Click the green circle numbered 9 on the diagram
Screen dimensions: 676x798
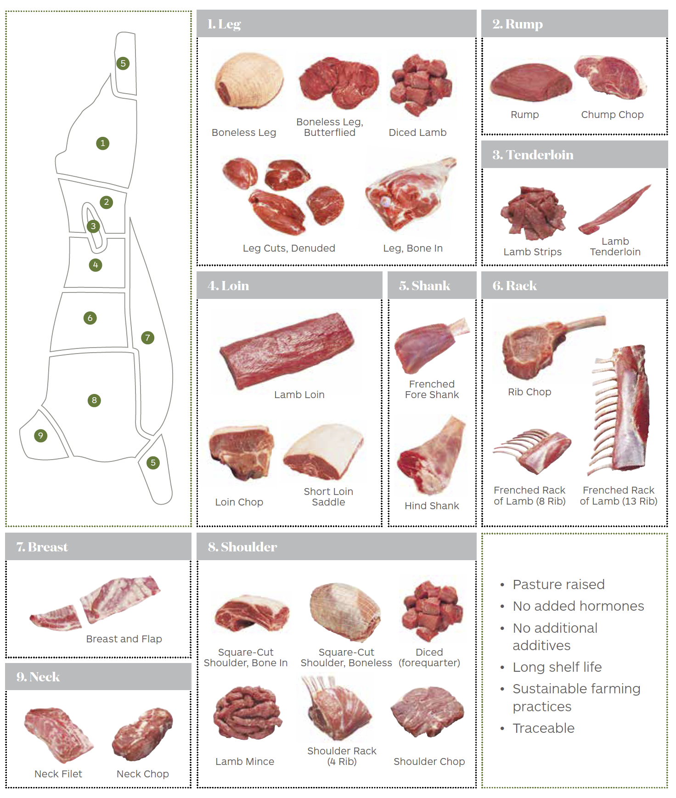(41, 435)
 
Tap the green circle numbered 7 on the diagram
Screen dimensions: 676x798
(147, 338)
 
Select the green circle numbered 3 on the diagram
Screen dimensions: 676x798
(93, 226)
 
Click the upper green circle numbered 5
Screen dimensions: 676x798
(123, 63)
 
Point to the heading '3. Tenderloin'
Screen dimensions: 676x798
(533, 155)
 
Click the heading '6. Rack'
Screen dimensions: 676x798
(514, 286)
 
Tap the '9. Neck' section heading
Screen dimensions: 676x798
(38, 677)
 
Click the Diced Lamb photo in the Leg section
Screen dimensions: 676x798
(420, 85)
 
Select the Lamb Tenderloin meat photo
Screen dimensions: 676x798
(615, 209)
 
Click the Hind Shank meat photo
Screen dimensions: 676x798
(432, 455)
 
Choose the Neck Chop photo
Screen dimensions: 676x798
(143, 734)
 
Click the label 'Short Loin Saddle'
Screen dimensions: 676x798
(328, 497)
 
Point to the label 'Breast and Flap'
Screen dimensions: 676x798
(124, 639)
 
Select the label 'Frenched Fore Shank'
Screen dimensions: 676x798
(432, 389)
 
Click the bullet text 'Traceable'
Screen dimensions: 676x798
(543, 728)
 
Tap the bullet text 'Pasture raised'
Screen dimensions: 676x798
(558, 584)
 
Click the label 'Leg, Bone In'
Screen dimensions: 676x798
(413, 248)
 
